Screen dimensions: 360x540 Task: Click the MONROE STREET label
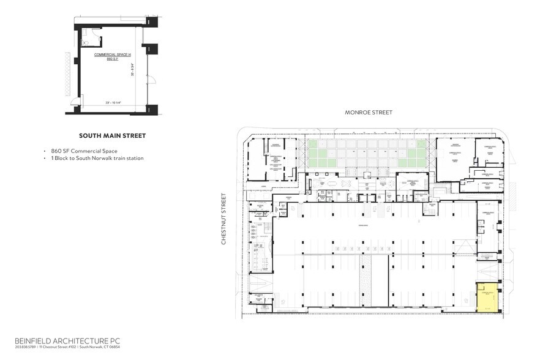[368, 112]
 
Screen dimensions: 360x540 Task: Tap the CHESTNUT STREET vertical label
[225, 219]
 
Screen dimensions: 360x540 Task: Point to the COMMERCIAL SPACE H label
[108, 55]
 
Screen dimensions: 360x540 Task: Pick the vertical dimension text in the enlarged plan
[132, 75]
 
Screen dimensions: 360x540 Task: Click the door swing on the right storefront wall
[152, 78]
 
